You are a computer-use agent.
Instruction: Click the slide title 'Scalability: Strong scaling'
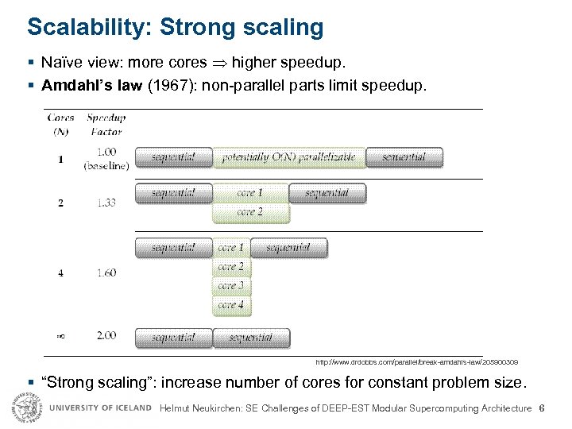click(x=175, y=27)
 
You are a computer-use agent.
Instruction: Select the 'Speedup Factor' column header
click(x=106, y=124)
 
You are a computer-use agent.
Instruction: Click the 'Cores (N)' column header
click(x=61, y=124)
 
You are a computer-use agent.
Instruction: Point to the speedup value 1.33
click(x=106, y=203)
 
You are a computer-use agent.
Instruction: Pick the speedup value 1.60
click(x=106, y=272)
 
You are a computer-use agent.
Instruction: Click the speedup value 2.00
click(x=106, y=335)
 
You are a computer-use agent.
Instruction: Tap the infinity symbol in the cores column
click(x=60, y=336)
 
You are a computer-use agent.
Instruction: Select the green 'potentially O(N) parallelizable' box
click(x=288, y=157)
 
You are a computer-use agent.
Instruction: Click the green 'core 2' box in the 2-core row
click(x=250, y=212)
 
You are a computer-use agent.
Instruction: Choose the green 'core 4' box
click(x=231, y=305)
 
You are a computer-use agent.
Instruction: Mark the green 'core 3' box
click(x=231, y=286)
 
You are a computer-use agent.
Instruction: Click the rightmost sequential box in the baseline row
click(x=404, y=157)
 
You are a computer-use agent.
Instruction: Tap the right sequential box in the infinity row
click(x=251, y=338)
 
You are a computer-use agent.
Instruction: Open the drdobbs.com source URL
click(x=416, y=361)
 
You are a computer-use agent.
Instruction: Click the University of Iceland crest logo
click(x=25, y=408)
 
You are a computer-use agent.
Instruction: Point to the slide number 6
click(x=541, y=408)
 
